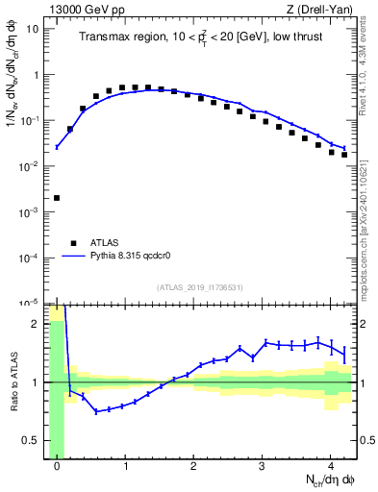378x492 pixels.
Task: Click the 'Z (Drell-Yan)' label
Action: [x=324, y=9]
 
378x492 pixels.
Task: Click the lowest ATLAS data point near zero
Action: [x=57, y=198]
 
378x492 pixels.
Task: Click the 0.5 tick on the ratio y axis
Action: [x=33, y=442]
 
